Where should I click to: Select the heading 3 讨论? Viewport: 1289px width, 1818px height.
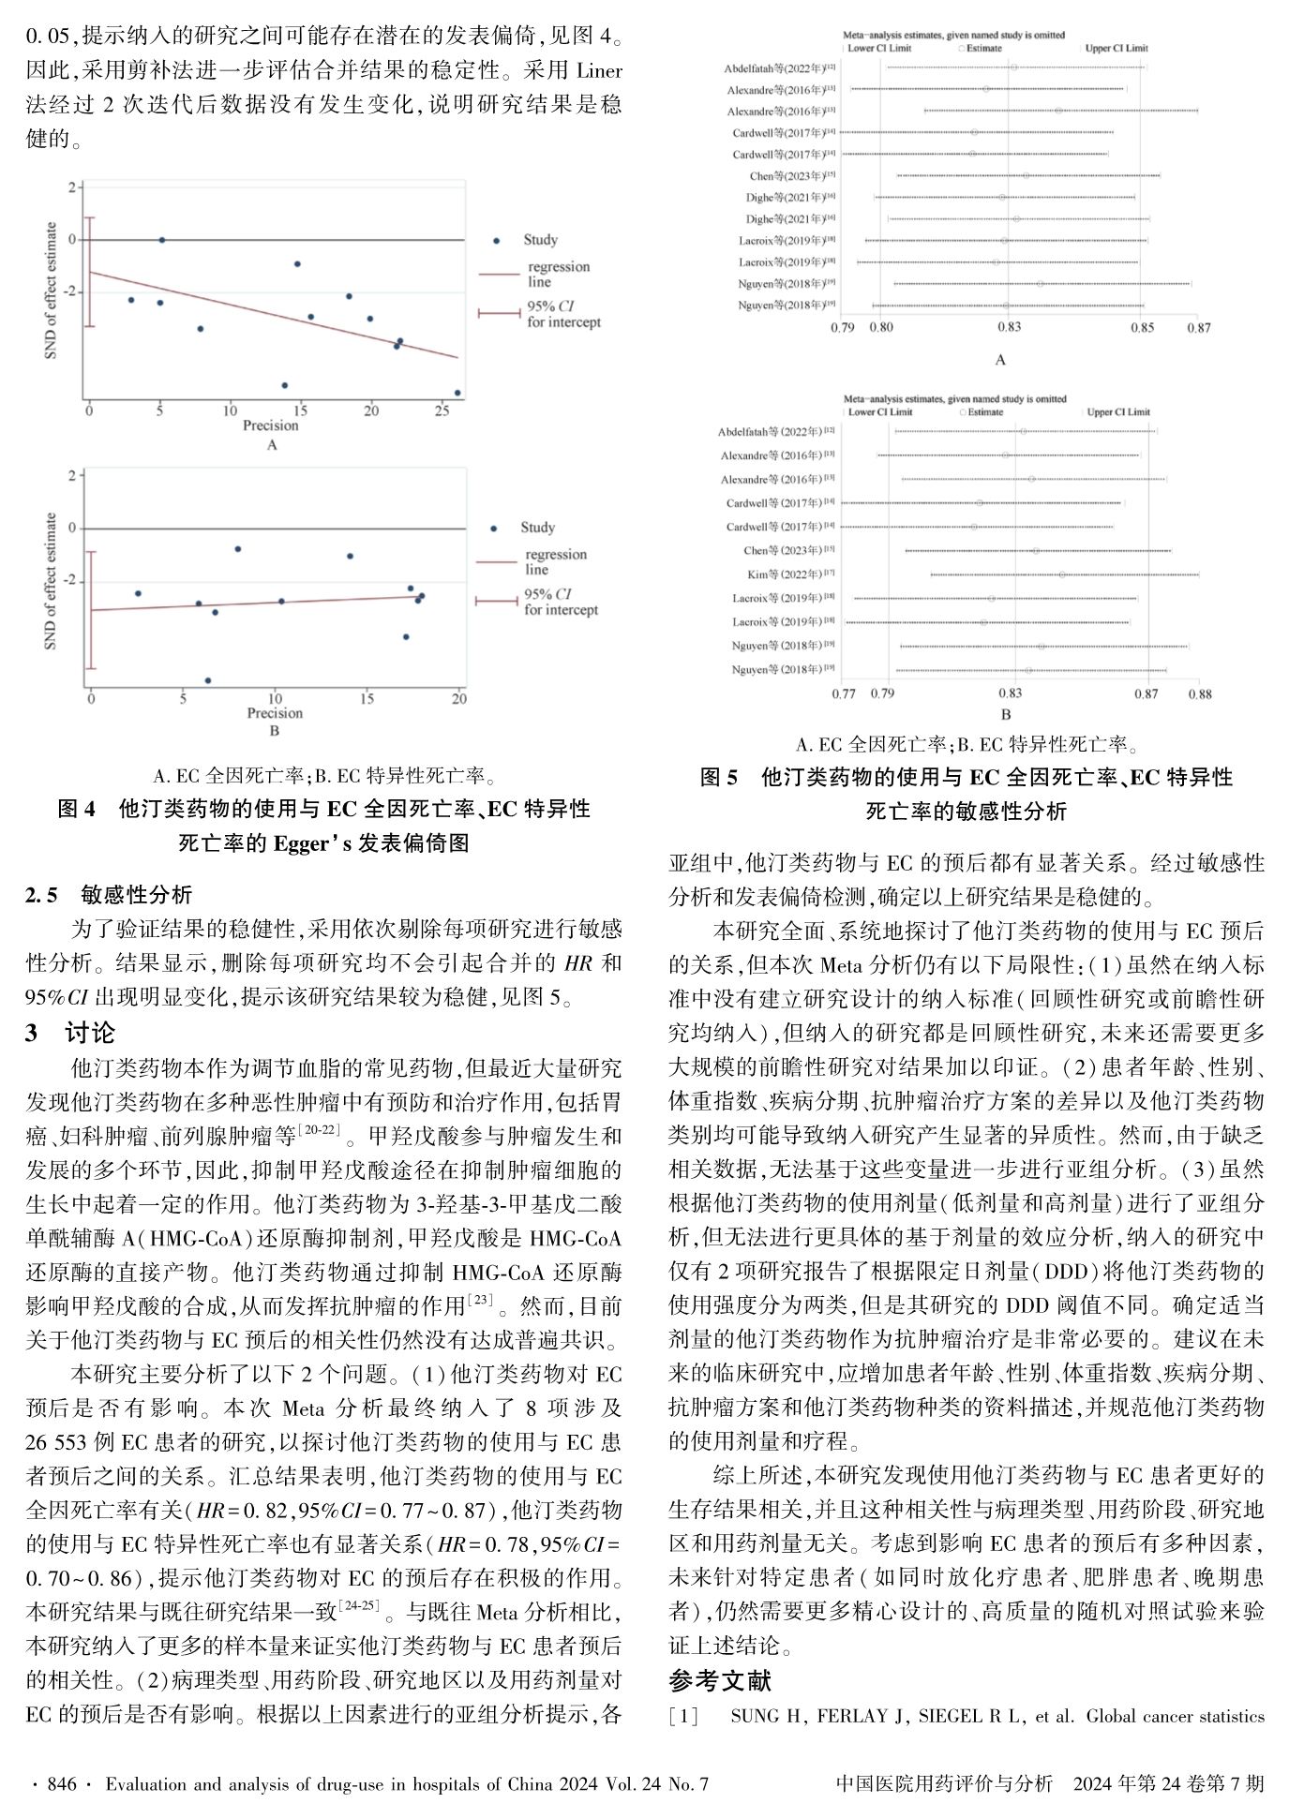click(70, 1033)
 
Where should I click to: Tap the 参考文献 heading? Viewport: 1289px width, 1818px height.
click(720, 1680)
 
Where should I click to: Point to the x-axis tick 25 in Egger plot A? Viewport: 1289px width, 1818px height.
click(442, 410)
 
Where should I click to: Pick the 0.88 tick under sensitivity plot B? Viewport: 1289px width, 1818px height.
click(1200, 694)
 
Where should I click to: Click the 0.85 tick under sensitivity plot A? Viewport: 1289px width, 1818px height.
click(1142, 328)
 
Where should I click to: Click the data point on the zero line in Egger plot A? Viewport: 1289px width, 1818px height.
click(161, 240)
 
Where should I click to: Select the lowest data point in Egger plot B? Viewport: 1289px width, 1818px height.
click(208, 680)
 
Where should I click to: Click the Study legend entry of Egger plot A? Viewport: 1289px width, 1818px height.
click(539, 240)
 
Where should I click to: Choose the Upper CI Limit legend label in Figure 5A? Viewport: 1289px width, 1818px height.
click(1117, 48)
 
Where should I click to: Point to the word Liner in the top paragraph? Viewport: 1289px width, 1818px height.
click(598, 70)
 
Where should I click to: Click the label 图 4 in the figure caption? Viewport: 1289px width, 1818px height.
click(77, 808)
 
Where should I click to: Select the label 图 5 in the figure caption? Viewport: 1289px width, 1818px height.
click(720, 777)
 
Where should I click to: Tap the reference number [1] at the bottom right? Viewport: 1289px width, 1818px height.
click(683, 1717)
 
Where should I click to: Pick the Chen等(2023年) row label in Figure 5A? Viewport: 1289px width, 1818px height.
click(786, 175)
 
